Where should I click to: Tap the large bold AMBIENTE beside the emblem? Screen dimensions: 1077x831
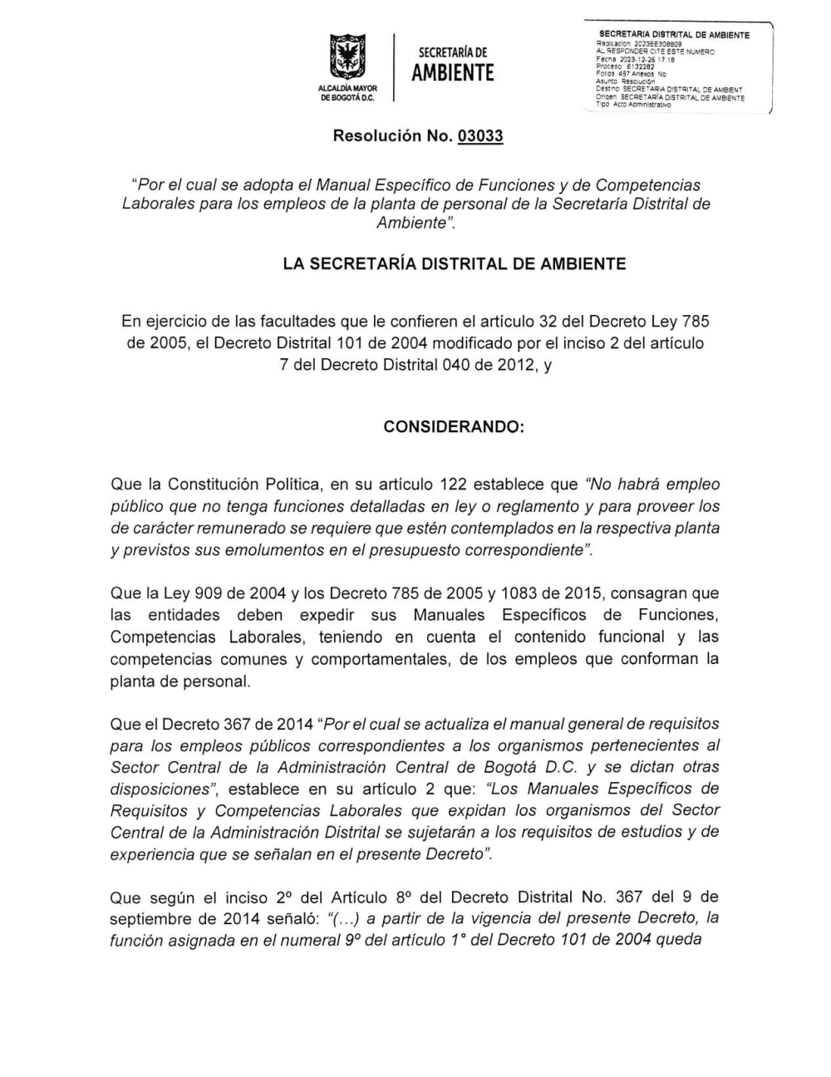(453, 73)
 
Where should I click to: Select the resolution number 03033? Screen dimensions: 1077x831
(480, 135)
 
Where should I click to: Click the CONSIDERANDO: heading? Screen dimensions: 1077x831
(454, 426)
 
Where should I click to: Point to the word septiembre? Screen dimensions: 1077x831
(150, 918)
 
